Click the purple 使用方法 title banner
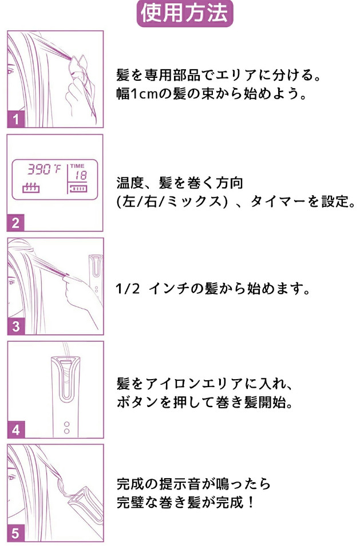(x=185, y=14)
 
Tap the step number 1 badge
(x=15, y=120)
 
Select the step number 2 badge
(x=15, y=223)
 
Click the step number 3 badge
(x=15, y=326)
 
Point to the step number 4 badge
(x=15, y=429)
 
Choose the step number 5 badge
(x=15, y=533)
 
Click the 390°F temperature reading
(x=44, y=169)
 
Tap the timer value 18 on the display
(x=81, y=175)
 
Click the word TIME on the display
(x=77, y=165)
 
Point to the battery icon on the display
(x=78, y=189)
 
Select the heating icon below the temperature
(x=31, y=188)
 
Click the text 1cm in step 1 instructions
(x=144, y=94)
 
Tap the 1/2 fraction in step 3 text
(x=128, y=289)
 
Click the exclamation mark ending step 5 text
(x=251, y=503)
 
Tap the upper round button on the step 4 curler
(x=67, y=424)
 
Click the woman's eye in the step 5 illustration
(x=11, y=478)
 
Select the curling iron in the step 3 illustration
(x=96, y=275)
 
